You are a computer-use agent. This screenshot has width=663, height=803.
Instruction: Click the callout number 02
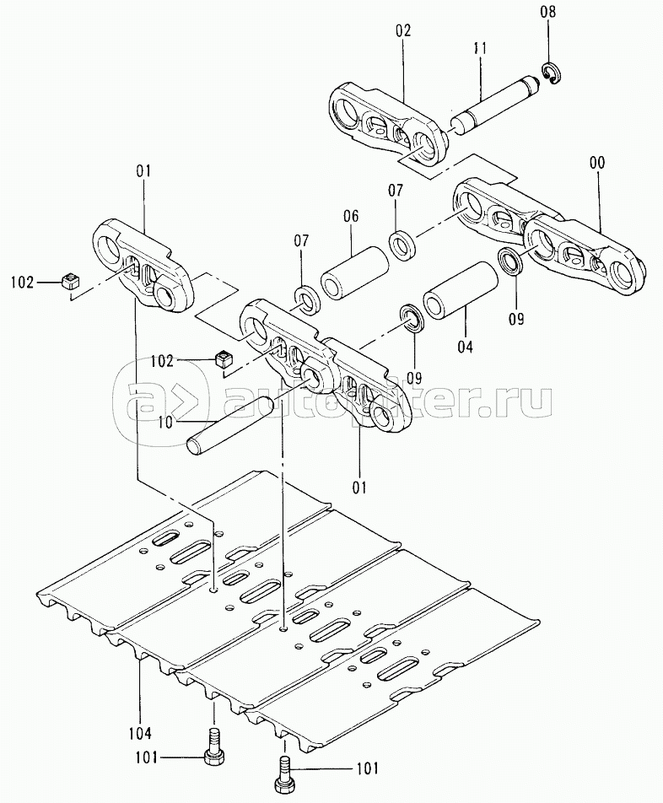coord(402,31)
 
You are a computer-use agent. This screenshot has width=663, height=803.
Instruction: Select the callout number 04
coord(465,346)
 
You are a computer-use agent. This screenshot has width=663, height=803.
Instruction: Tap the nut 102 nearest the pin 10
coord(223,359)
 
